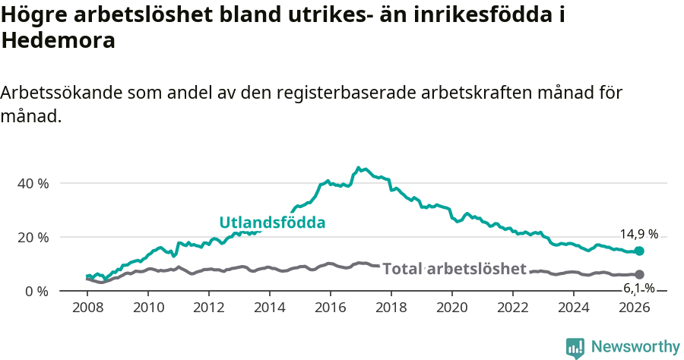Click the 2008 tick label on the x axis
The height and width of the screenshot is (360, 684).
[x=87, y=308]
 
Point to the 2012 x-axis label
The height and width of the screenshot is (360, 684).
[x=209, y=308]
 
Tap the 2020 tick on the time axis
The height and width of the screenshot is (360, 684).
[x=452, y=308]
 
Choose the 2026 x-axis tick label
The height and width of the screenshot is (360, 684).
[x=635, y=308]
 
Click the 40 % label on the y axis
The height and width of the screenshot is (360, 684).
[x=33, y=184]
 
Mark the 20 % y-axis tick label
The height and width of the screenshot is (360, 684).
[x=33, y=237]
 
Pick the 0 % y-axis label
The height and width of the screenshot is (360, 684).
[x=36, y=291]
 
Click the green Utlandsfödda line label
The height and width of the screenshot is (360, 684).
[x=272, y=223]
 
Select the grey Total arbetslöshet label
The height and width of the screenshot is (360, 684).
[x=454, y=269]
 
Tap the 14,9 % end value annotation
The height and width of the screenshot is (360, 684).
[x=638, y=234]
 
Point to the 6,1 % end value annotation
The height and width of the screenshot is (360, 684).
[x=638, y=288]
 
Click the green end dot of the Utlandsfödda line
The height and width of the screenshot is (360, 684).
[x=639, y=251]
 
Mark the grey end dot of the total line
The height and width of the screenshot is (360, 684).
[x=639, y=274]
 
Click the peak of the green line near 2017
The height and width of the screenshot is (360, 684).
[x=359, y=168]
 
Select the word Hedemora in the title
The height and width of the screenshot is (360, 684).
[x=59, y=41]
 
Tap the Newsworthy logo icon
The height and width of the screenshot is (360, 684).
[x=575, y=348]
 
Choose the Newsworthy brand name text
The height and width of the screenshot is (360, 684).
[x=635, y=347]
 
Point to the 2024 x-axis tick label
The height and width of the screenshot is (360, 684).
[x=574, y=308]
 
